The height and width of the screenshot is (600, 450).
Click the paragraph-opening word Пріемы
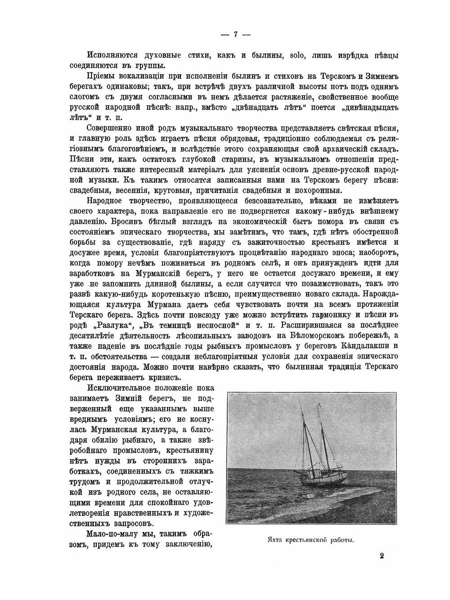point(101,76)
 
